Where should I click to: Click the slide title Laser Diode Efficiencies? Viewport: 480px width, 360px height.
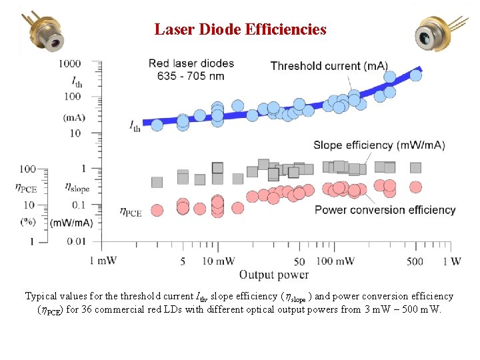tap(240, 29)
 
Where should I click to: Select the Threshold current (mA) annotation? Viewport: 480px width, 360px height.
tap(329, 65)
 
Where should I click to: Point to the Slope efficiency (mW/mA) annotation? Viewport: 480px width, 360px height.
tap(379, 145)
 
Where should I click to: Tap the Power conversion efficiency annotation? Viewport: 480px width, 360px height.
tap(385, 210)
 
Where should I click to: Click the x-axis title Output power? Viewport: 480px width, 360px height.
tap(274, 274)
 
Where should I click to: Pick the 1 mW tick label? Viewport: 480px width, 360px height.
tap(103, 261)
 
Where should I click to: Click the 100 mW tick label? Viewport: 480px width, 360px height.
tap(335, 261)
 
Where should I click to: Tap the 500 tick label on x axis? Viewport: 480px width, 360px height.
tap(415, 261)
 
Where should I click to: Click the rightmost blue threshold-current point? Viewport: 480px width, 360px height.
tap(415, 75)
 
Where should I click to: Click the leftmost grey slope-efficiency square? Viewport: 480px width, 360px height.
tap(157, 182)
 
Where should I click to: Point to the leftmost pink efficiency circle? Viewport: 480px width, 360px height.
tap(157, 211)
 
